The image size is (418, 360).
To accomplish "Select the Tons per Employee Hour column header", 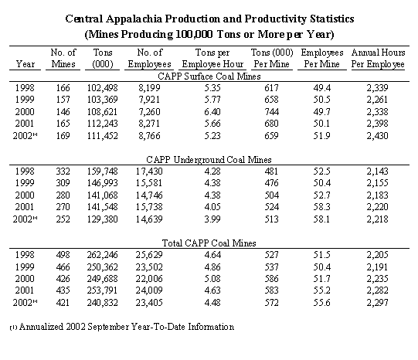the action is (x=212, y=58).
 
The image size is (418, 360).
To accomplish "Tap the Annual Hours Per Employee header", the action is (x=378, y=58).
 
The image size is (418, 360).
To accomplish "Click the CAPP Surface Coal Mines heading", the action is (x=209, y=76).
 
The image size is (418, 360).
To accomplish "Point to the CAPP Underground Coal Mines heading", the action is (x=209, y=160).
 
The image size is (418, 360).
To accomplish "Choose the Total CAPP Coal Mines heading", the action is (x=209, y=243).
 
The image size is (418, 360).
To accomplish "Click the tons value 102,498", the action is (x=102, y=87).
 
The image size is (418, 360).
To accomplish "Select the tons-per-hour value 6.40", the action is (x=212, y=112).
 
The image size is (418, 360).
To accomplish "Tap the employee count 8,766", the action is (x=149, y=136).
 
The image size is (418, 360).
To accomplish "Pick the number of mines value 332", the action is (x=63, y=171).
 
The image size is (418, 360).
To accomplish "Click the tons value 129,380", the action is (x=102, y=219).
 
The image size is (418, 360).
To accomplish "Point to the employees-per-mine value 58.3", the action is (x=321, y=207).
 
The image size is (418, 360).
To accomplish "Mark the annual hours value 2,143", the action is (x=377, y=171).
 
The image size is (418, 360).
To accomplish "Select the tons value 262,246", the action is (x=102, y=255).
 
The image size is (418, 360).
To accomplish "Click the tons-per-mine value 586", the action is (x=272, y=279).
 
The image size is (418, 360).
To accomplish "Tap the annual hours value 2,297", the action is (x=377, y=303).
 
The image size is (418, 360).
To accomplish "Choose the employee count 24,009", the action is (x=149, y=290).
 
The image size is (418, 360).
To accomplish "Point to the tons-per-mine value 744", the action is (x=272, y=112).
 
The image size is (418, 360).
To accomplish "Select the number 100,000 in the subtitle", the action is (x=194, y=34).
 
